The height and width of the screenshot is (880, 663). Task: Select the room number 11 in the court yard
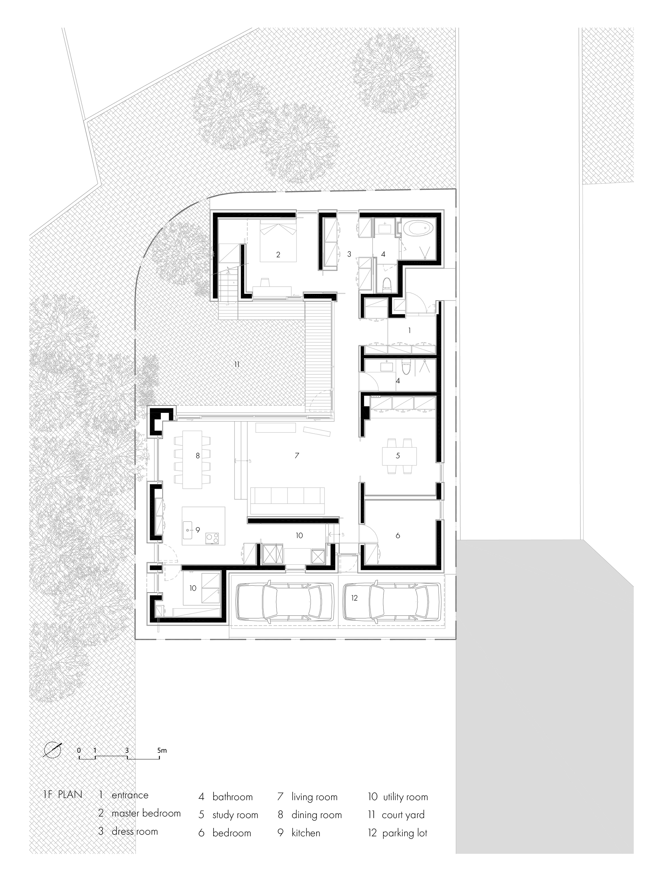click(237, 364)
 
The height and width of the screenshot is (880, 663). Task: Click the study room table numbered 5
click(399, 456)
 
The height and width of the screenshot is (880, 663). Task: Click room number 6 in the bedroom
click(397, 536)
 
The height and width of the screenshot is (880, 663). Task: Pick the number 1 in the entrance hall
click(409, 330)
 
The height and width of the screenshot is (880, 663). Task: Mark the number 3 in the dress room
click(349, 254)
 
